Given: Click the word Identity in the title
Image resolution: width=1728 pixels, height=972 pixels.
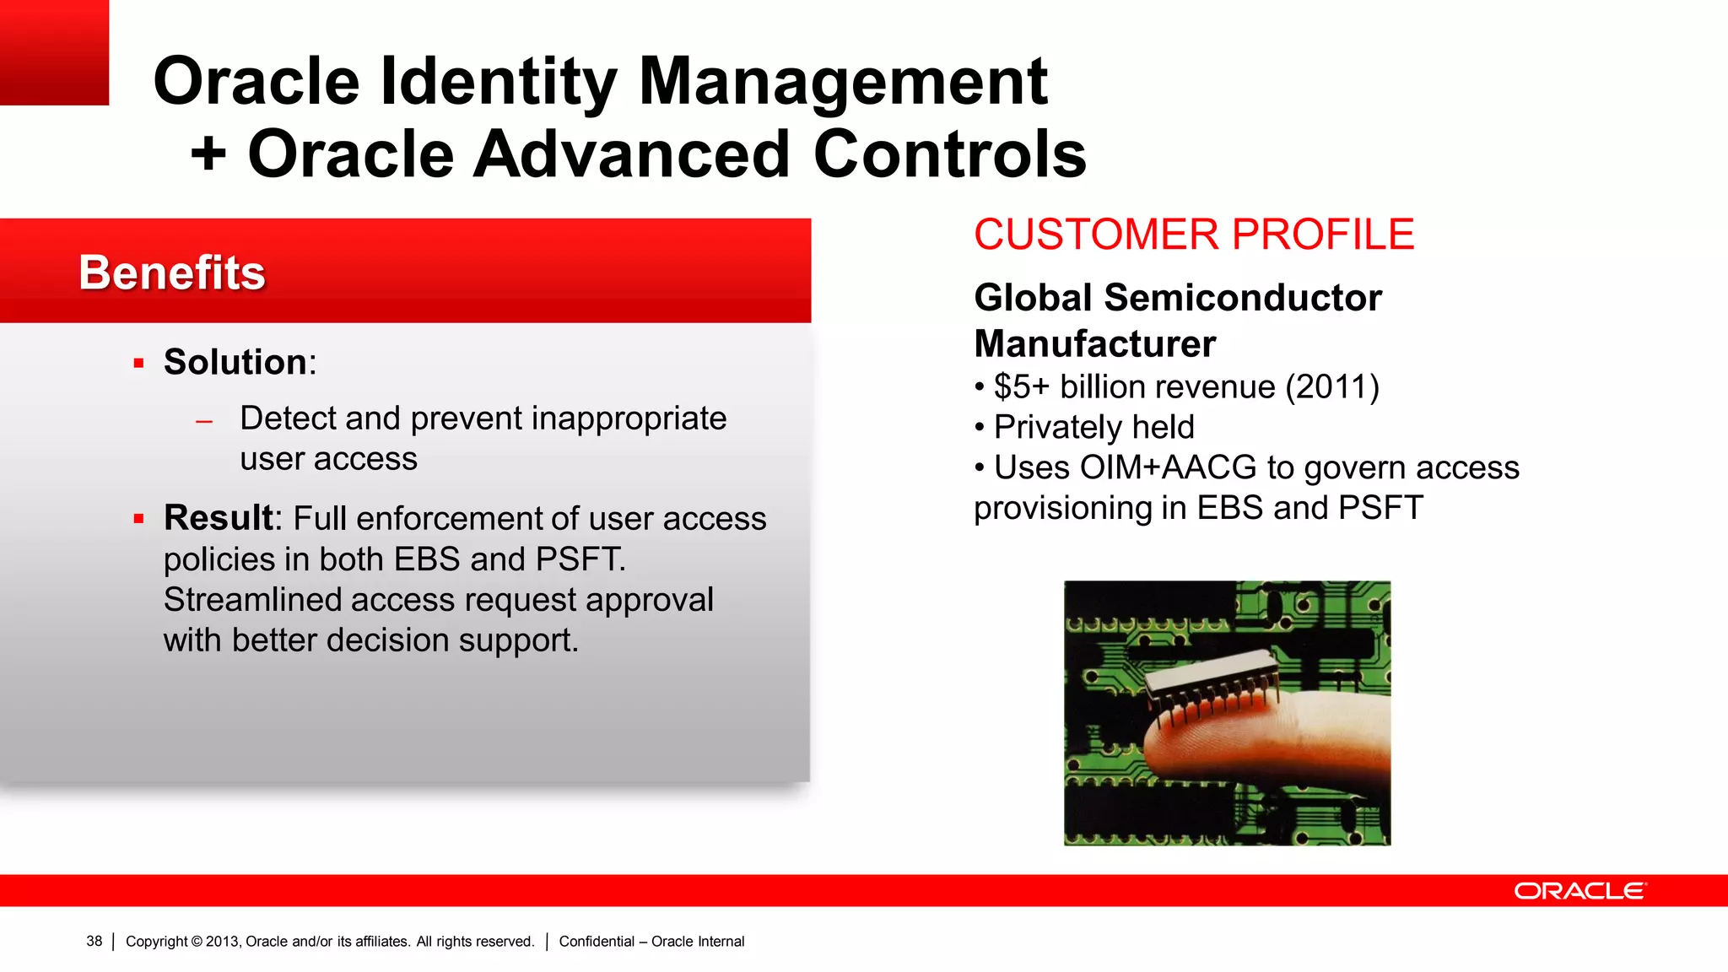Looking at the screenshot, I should [x=498, y=82].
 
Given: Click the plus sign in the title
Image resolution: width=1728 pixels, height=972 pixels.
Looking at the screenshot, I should [x=208, y=155].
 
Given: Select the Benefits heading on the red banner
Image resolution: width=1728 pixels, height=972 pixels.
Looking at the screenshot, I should [x=172, y=273].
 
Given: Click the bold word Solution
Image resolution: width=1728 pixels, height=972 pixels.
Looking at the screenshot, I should [x=235, y=363].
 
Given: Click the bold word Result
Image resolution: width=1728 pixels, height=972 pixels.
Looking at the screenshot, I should [x=219, y=518].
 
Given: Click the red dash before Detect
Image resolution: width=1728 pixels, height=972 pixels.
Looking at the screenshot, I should [x=203, y=421].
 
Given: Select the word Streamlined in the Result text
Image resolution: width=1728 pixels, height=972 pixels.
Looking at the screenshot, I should [x=252, y=600].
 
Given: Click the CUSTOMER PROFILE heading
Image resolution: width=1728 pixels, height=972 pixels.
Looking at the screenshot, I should [x=1194, y=235].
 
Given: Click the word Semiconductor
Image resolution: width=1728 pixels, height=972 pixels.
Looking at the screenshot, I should [x=1242, y=298].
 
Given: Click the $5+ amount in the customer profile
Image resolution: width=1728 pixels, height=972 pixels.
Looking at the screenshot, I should [x=1021, y=387].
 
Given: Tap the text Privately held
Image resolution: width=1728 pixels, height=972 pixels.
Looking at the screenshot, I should [x=1093, y=428].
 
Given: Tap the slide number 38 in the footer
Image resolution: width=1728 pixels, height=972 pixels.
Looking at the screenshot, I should [x=94, y=942].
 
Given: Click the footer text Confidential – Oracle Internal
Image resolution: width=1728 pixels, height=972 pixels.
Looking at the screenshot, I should [x=651, y=942].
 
